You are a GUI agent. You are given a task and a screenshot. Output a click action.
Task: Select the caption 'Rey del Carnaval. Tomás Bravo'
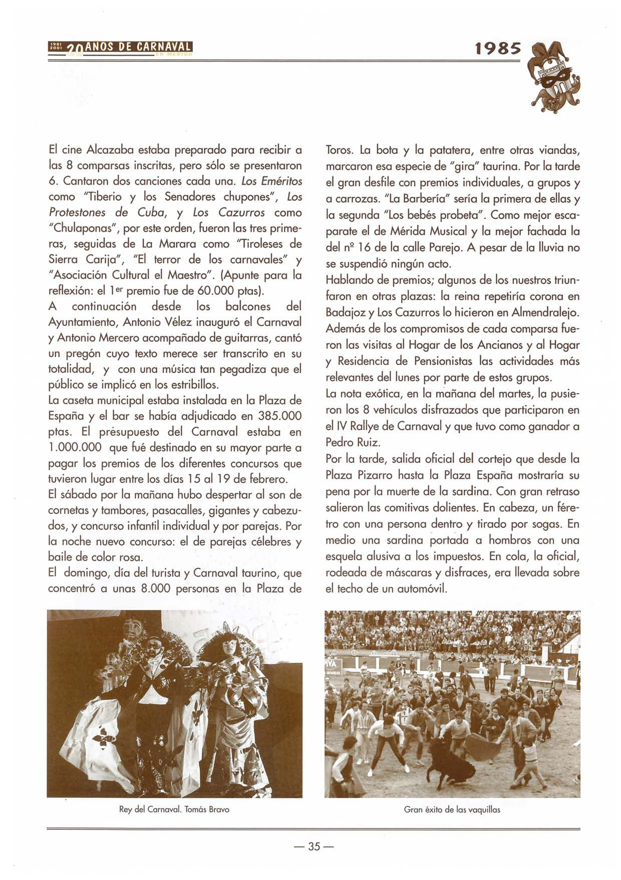[x=174, y=809]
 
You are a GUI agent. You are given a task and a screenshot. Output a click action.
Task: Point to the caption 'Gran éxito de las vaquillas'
[x=452, y=809]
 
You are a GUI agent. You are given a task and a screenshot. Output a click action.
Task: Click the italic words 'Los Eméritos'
[x=272, y=181]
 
